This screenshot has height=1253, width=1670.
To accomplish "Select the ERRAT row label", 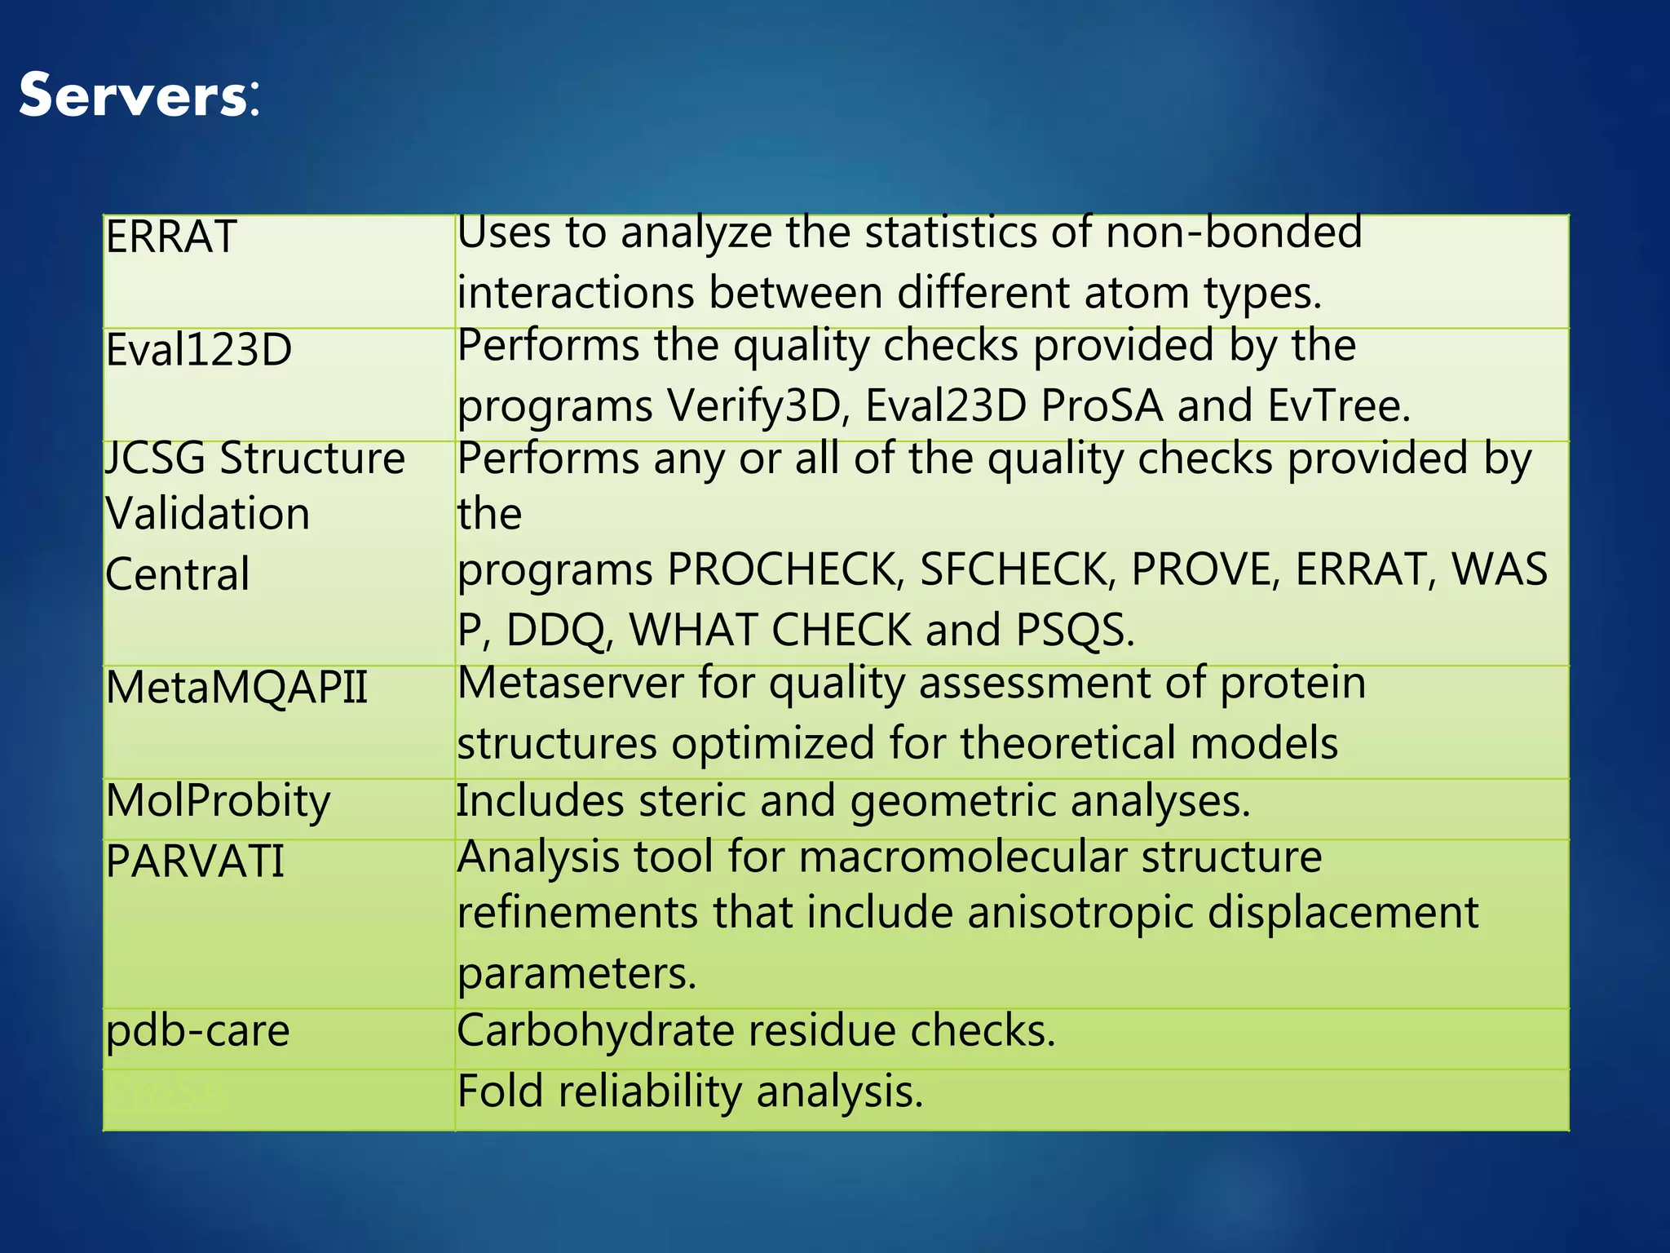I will [171, 237].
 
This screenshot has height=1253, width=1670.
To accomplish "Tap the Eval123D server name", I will [199, 350].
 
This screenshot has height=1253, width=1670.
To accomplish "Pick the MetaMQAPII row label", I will [236, 688].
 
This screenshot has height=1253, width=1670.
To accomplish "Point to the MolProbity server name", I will [218, 801].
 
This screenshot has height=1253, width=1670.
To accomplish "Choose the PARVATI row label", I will [195, 861].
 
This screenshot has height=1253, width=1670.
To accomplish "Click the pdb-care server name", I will [198, 1030].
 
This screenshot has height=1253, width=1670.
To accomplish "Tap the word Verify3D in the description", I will [754, 405].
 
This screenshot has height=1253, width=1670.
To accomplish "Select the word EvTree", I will [1338, 405].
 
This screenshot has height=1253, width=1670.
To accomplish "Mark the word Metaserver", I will [570, 683].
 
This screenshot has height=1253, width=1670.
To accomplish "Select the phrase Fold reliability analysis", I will [690, 1091].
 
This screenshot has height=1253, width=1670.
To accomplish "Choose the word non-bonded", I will [1234, 232].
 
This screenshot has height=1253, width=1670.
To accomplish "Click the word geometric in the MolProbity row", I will [953, 801].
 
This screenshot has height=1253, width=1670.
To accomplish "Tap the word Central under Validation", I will [178, 574].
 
